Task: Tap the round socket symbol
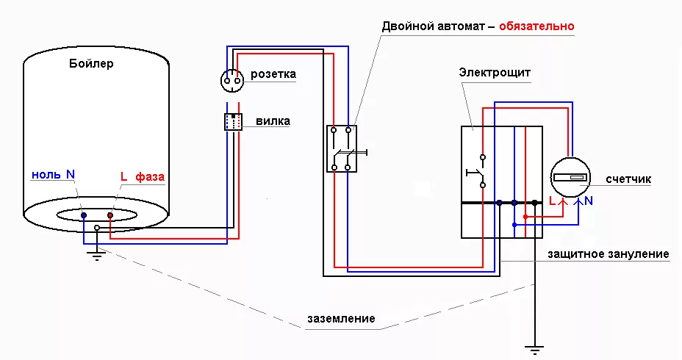pyautogui.click(x=234, y=79)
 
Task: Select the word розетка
pyautogui.click(x=273, y=74)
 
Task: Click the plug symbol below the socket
pyautogui.click(x=233, y=122)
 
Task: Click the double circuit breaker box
pyautogui.click(x=342, y=148)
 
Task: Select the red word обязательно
pyautogui.click(x=536, y=26)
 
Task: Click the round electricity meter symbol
pyautogui.click(x=571, y=178)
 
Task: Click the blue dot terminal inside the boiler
pyautogui.click(x=84, y=215)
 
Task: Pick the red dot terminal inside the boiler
pyautogui.click(x=110, y=215)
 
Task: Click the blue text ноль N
pyautogui.click(x=53, y=175)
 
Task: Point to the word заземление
pyautogui.click(x=341, y=319)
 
